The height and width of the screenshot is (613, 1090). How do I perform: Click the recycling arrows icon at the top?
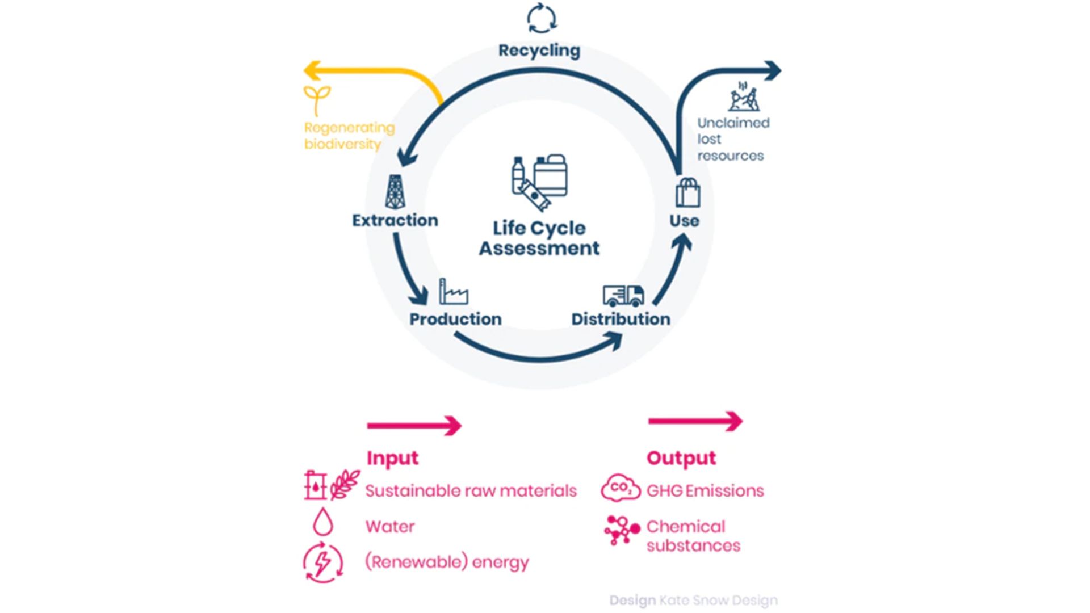[x=542, y=18]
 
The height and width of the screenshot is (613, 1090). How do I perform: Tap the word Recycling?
[x=539, y=51]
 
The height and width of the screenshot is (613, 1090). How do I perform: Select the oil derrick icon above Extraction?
[x=395, y=192]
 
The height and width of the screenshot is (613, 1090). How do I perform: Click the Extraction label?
[x=395, y=220]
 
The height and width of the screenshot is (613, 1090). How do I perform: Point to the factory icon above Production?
[x=454, y=292]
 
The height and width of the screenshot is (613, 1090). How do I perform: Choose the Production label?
[x=455, y=319]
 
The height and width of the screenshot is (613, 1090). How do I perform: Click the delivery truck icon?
[x=623, y=295]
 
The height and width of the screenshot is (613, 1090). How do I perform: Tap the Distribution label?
[x=621, y=319]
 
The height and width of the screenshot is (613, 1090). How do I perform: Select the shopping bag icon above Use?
[x=687, y=193]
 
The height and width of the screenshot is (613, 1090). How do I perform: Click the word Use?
[x=684, y=221]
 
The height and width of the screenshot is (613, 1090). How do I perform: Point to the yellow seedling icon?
[x=317, y=100]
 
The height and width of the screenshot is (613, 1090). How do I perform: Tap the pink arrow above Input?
[x=414, y=425]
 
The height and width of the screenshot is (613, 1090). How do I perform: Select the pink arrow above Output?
[x=695, y=421]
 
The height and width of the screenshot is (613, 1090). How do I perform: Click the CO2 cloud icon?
[x=620, y=489]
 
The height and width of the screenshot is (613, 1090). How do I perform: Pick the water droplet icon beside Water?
[x=323, y=522]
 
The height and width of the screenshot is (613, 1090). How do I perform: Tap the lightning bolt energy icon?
[x=323, y=563]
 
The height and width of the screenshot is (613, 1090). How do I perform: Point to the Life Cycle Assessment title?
[x=539, y=238]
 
